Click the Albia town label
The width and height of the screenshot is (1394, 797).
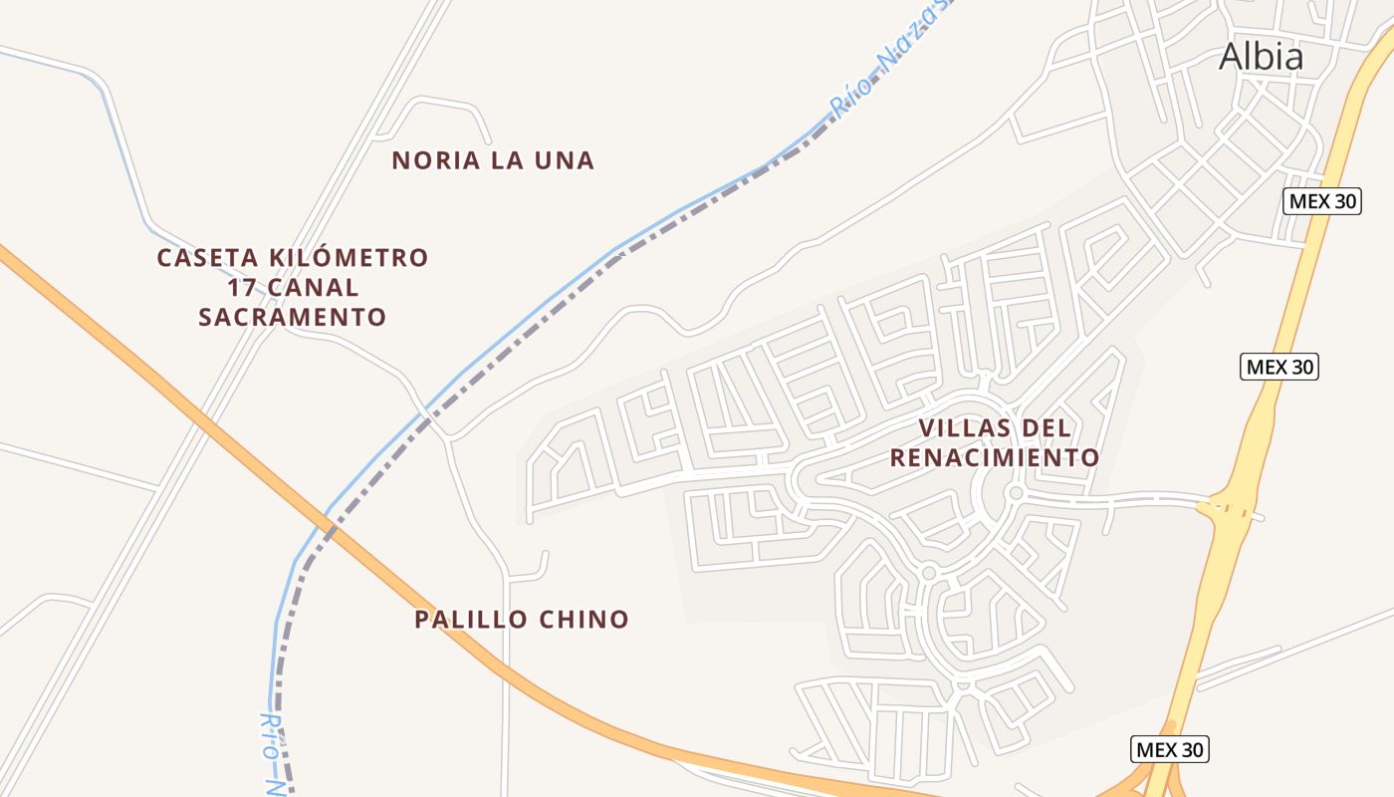coord(1261,57)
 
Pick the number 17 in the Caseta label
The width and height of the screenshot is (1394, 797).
coord(241,288)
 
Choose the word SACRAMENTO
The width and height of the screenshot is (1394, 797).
coord(292,318)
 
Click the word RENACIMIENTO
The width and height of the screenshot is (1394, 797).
coord(994,458)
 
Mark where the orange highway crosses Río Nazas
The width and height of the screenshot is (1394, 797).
coord(330,522)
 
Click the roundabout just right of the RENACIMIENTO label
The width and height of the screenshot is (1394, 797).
coord(1015,492)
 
